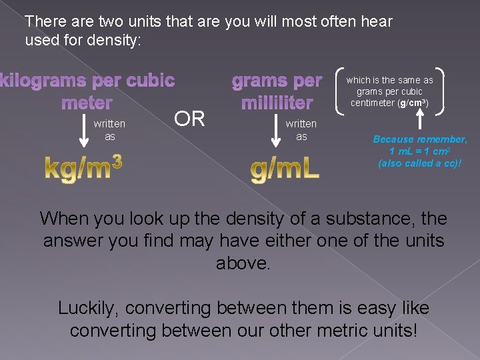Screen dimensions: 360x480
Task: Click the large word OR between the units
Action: coord(189,119)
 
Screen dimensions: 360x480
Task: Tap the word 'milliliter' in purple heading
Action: coord(277,103)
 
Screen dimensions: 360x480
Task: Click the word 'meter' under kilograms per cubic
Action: coord(87,103)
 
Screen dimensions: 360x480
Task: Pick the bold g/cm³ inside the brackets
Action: coord(414,103)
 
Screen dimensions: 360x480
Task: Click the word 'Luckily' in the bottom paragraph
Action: coord(85,309)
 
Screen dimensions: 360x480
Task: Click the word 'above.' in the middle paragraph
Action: coord(243,263)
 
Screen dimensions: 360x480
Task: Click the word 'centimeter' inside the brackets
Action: coord(378,103)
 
